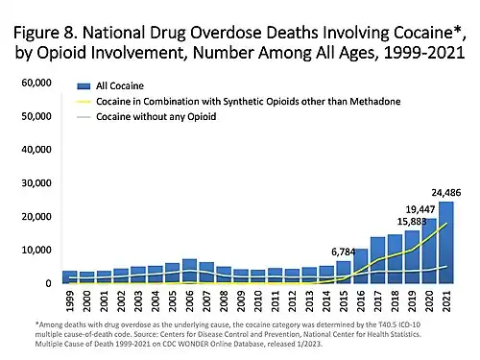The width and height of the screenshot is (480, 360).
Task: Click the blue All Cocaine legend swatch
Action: (x=88, y=86)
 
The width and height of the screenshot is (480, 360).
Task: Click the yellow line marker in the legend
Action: (x=88, y=101)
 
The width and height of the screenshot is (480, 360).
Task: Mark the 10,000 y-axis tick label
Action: (x=36, y=251)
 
